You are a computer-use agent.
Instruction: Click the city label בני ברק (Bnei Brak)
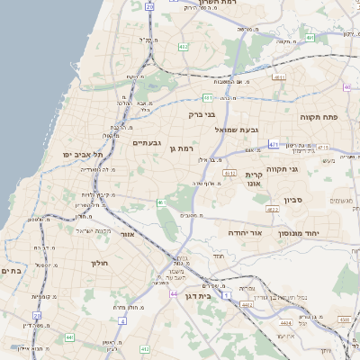202,114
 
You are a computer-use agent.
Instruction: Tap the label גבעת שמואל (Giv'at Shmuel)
237,130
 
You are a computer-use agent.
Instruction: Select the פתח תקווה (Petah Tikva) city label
319,116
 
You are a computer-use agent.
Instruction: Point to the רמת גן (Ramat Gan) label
182,148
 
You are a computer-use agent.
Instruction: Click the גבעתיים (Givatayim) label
146,143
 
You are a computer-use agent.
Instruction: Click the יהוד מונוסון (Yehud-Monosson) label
307,232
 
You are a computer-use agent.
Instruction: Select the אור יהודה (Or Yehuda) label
243,232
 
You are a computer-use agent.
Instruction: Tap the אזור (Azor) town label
127,234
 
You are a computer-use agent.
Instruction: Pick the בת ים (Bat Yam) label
11,270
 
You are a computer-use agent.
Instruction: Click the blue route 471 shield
274,143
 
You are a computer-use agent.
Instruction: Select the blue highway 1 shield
227,295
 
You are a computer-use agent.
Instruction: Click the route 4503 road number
343,319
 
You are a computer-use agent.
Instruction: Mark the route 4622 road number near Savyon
271,210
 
